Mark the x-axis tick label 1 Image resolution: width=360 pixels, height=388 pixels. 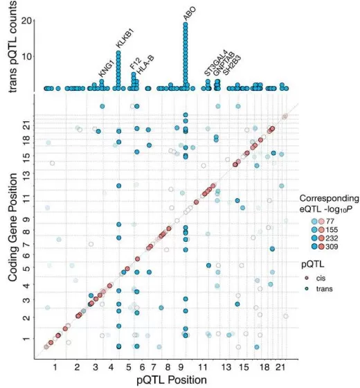point(56,365)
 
